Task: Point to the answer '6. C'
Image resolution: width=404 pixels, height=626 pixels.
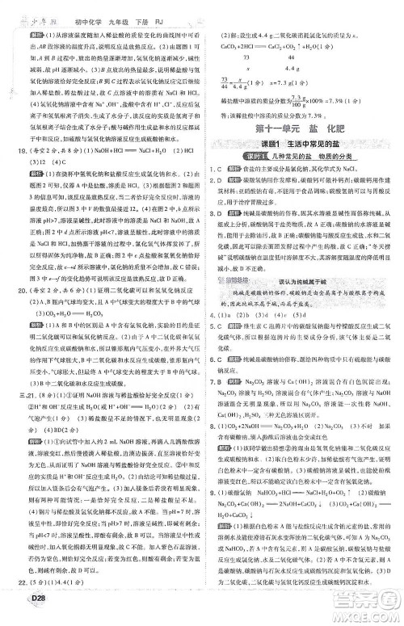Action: (x=213, y=378)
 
